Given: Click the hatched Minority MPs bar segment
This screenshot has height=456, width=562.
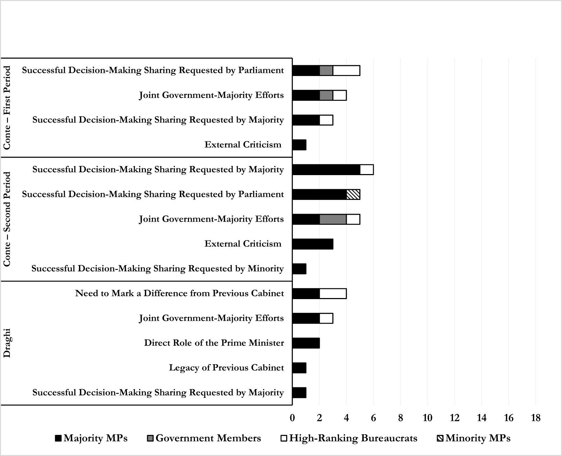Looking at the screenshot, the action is coord(353,194).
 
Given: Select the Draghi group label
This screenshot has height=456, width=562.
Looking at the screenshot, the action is coord(7,343).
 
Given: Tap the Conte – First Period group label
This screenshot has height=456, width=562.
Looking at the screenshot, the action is coord(7,108).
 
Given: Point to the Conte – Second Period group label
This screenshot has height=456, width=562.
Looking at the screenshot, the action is coord(7,219).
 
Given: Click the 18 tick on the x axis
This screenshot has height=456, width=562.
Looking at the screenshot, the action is coord(536,418).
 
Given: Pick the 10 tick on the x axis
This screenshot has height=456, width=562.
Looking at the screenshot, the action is coord(427,418).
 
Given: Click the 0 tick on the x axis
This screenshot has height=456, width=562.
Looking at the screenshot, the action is coord(292,418).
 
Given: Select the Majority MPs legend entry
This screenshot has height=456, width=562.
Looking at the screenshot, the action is coord(91,438).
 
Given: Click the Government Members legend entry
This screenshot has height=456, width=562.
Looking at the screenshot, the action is coord(204,438).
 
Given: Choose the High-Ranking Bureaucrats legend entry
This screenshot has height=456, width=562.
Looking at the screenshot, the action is coord(349,438).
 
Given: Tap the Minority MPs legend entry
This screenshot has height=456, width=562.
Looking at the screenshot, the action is coord(474,438).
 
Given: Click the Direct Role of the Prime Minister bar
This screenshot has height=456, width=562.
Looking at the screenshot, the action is coord(306,343).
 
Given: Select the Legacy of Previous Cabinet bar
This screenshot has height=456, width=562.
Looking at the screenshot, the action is coord(299,368).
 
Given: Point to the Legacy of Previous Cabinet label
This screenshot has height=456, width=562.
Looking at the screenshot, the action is coord(226,368).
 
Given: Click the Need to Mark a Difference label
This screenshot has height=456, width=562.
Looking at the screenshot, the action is coord(180,293).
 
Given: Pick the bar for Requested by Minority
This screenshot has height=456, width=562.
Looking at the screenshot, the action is coord(299,269).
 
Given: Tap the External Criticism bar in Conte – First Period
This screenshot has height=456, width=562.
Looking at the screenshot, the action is coord(299,145).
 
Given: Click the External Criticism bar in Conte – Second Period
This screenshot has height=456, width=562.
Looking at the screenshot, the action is coord(313,244).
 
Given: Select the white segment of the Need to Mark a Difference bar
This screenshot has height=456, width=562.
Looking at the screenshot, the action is coord(333,293).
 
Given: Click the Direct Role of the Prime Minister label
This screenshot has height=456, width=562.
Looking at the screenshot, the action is coord(214,343).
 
